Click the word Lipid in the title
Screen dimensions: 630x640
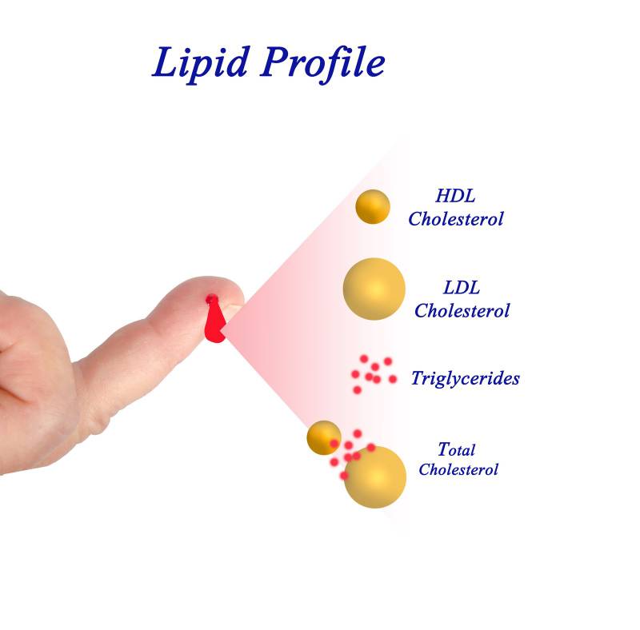(x=199, y=62)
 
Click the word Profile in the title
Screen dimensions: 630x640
(x=320, y=62)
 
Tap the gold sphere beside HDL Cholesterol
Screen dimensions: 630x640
(x=373, y=207)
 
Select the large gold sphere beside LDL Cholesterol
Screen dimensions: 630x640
(x=374, y=289)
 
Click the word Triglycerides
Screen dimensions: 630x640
(x=465, y=378)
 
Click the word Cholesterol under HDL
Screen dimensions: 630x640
(x=455, y=218)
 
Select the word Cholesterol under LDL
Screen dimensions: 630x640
(x=462, y=310)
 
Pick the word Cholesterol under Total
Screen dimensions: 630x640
(x=458, y=469)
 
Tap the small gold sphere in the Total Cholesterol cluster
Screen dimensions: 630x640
(x=324, y=437)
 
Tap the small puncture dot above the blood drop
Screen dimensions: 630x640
(x=211, y=300)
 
